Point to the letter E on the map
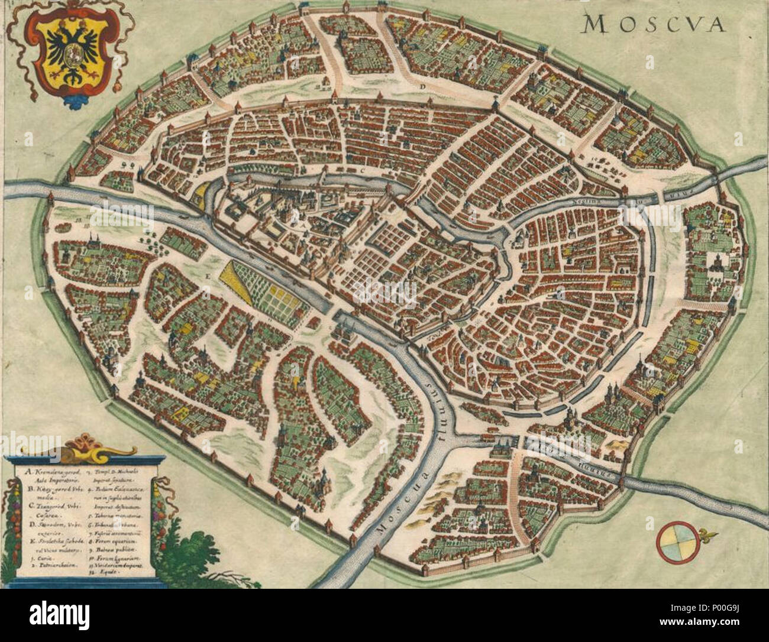[x=208, y=276]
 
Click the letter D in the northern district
[x=423, y=86]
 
